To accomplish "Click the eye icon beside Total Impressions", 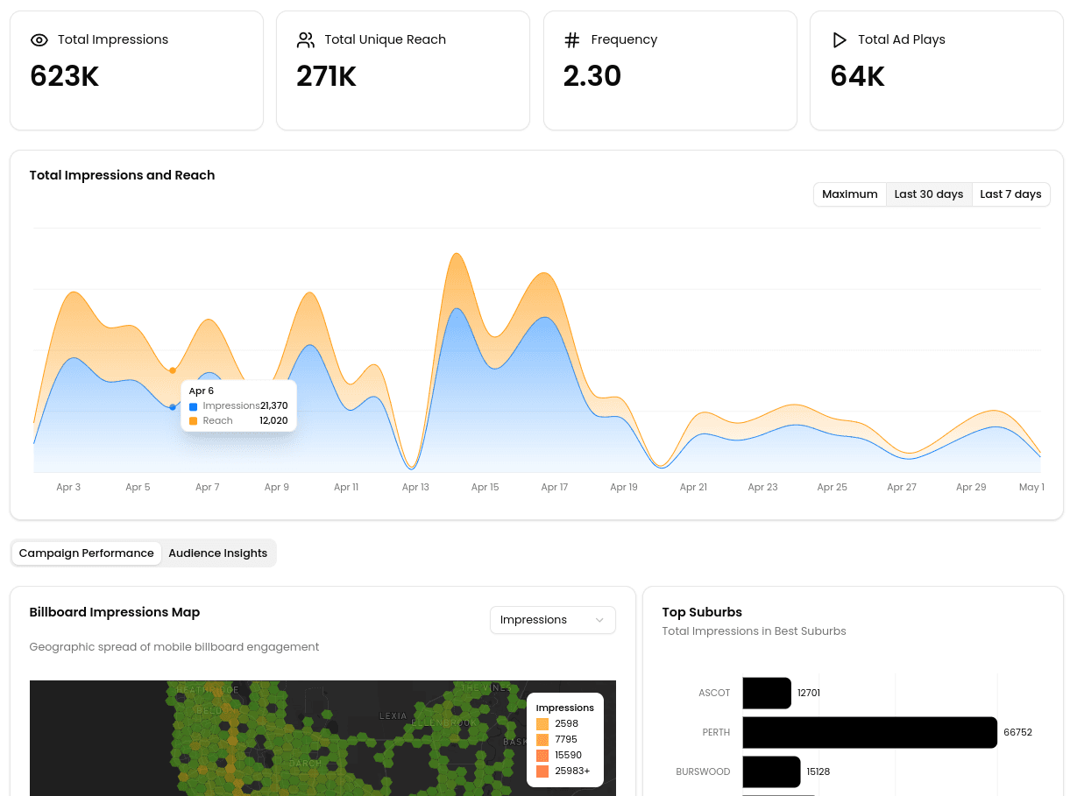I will [39, 40].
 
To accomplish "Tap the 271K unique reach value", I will [326, 77].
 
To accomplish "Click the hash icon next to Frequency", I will [571, 40].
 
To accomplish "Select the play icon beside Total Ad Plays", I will [839, 40].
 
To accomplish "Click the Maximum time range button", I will [849, 194].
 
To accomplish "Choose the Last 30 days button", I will [928, 194].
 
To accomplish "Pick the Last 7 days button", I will [1010, 194].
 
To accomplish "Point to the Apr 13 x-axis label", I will [415, 488].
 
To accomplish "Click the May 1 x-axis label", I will [1031, 488].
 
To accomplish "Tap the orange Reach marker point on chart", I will [173, 370].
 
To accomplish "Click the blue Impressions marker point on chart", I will [173, 407].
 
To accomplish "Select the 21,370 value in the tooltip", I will [273, 406].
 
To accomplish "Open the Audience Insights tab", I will [217, 553].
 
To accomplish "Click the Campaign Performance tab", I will [86, 553].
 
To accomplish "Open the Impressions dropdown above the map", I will [552, 620].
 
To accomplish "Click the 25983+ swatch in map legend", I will [542, 771].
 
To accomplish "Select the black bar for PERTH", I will [869, 732].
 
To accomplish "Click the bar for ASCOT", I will [767, 693].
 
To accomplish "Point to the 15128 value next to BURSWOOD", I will [818, 772].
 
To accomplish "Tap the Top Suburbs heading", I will [702, 612].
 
